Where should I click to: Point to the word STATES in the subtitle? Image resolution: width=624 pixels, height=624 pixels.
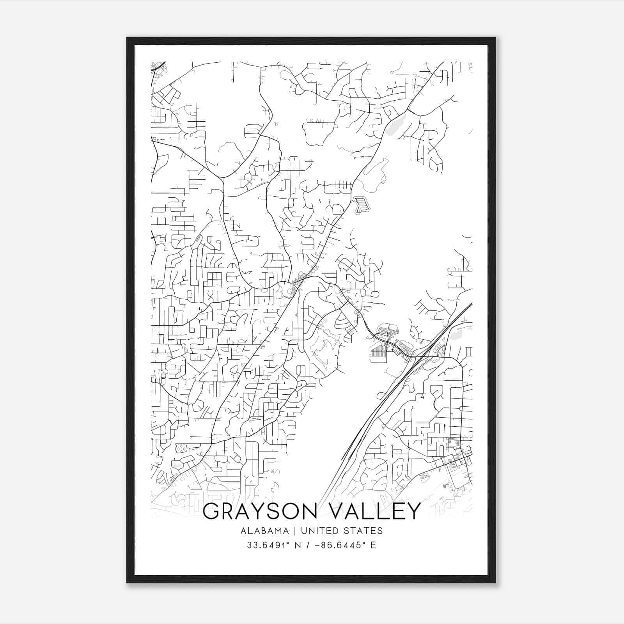(363, 531)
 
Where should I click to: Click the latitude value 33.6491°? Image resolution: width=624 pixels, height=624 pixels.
(264, 545)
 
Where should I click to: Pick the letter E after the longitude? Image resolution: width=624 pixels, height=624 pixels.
(374, 545)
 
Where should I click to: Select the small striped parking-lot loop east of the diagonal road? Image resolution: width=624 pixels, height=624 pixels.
(362, 205)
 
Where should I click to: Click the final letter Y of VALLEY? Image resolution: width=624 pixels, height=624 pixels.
(414, 511)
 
